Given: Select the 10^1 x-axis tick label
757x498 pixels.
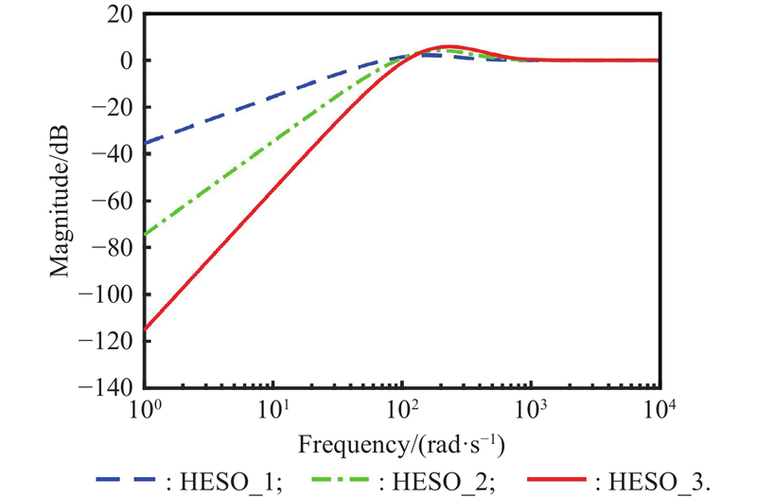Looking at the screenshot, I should point(273,409).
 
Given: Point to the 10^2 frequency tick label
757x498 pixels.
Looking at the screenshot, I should point(402,409).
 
